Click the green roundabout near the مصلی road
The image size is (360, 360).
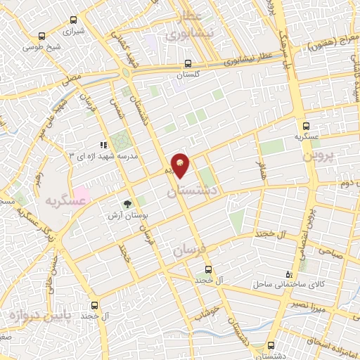125,73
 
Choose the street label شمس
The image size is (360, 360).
114,105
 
